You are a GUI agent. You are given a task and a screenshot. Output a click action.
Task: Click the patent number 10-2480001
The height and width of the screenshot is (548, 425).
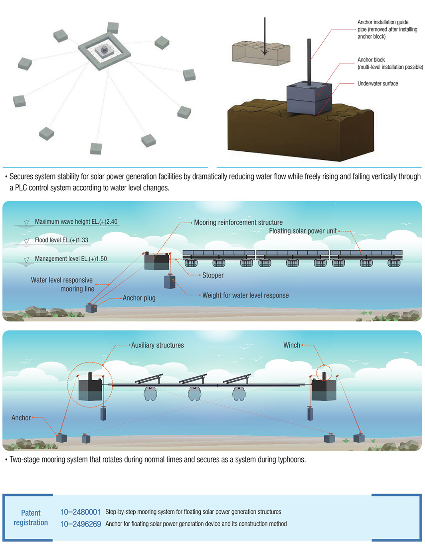tap(80, 512)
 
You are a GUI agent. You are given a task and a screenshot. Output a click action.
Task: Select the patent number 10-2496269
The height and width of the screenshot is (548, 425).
tap(80, 524)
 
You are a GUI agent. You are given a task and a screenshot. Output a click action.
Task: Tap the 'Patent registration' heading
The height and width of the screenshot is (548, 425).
tap(31, 518)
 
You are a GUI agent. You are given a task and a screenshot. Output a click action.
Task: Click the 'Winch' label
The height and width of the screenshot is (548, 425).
tap(292, 345)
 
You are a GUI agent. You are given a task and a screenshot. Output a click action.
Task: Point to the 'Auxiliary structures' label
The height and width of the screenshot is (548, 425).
tap(157, 345)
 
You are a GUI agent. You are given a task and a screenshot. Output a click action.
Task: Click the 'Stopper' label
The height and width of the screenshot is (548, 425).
tap(213, 275)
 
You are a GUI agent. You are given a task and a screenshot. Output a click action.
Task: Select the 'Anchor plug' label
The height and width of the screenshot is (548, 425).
tap(139, 298)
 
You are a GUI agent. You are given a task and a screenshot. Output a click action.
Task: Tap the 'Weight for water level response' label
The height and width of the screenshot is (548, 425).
tap(245, 295)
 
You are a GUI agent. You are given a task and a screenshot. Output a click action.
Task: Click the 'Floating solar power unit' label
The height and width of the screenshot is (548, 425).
tap(302, 231)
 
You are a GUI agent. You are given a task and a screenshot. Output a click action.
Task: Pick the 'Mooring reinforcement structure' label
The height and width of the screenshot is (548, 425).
tap(238, 222)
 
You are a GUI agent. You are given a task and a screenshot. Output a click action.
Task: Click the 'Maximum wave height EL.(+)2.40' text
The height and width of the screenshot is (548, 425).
tap(76, 222)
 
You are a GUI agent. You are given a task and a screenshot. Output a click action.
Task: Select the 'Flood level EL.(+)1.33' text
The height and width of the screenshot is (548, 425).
tap(61, 240)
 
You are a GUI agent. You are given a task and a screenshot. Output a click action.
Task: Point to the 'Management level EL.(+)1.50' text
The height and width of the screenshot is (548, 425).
tap(71, 259)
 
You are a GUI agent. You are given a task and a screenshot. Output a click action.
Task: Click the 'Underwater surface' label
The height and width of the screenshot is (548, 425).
tap(378, 83)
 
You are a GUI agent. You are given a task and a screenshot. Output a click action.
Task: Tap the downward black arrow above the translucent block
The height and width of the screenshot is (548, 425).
tap(264, 36)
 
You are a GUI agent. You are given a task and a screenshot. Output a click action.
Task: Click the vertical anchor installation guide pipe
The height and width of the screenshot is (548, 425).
tap(309, 60)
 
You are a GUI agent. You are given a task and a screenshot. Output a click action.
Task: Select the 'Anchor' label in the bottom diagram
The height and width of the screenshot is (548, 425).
tap(21, 418)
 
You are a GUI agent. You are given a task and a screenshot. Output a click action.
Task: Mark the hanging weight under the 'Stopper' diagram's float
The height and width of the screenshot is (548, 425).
tap(170, 281)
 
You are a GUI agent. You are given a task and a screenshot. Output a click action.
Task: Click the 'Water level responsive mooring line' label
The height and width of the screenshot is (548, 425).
tap(62, 284)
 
